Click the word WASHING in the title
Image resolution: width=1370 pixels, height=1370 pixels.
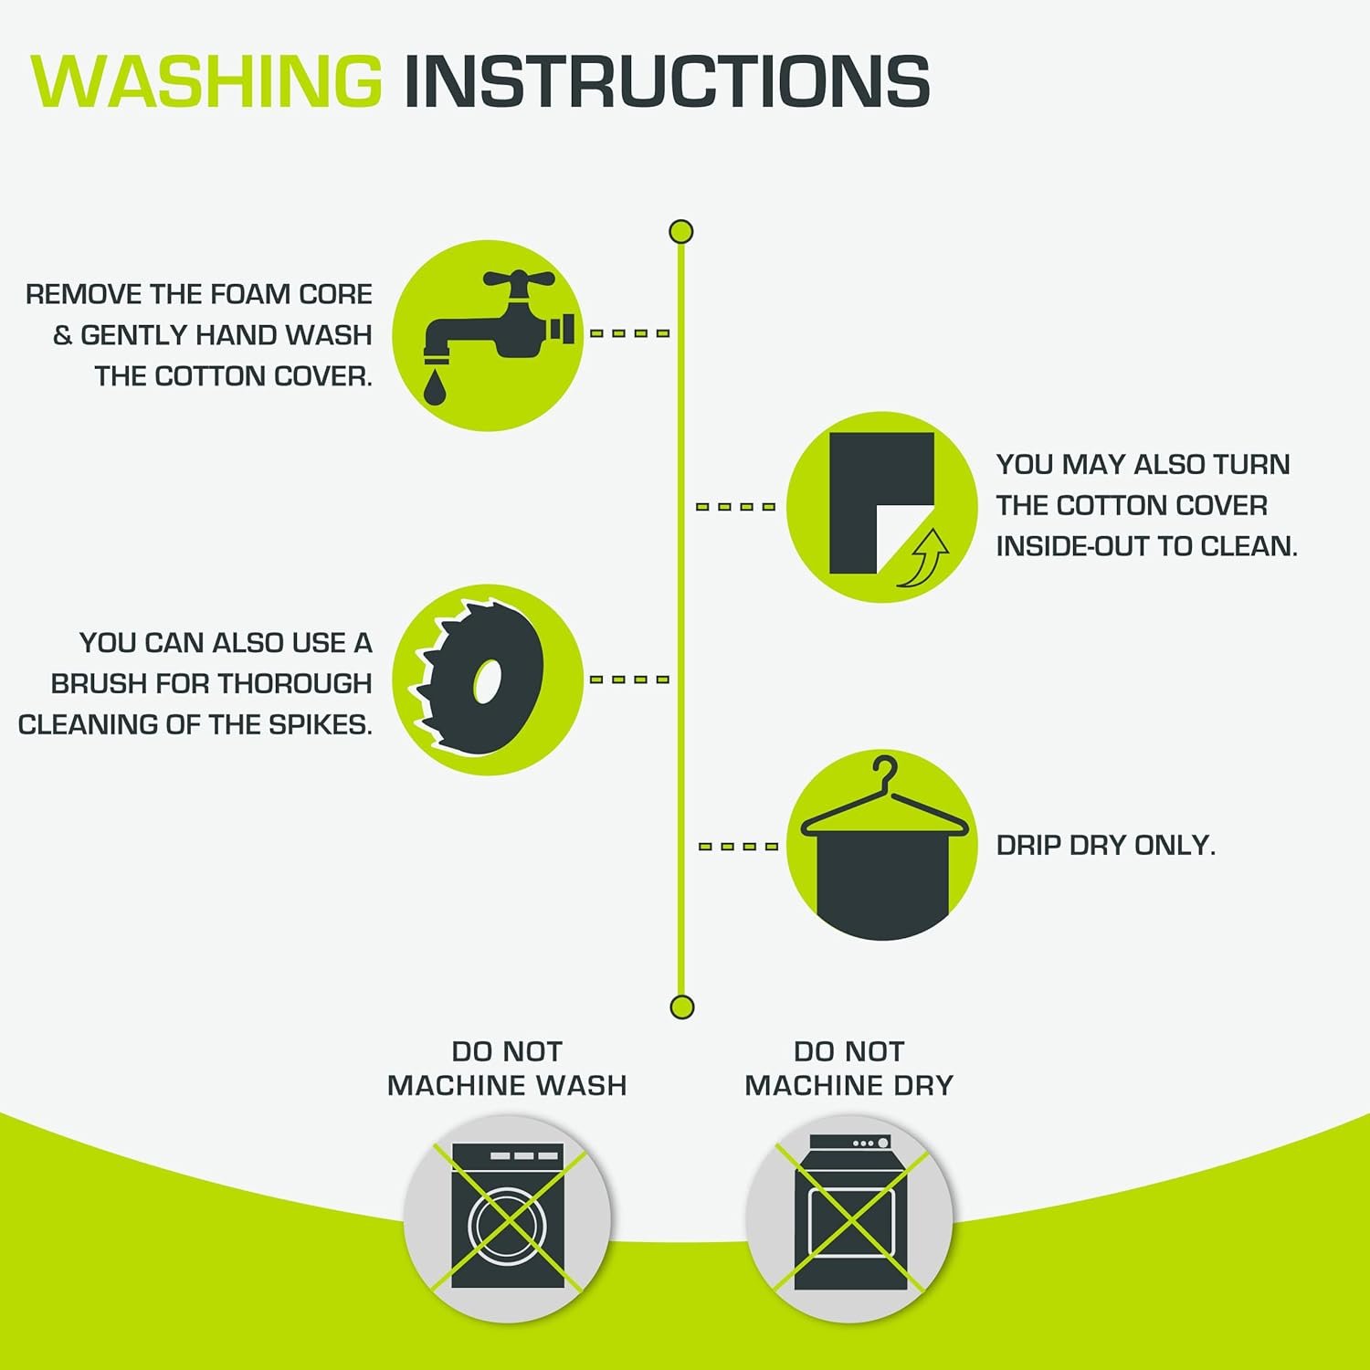[x=206, y=81]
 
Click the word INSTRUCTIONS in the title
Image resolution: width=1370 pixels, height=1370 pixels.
[x=667, y=81]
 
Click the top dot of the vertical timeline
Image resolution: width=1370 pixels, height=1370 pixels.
[x=681, y=232]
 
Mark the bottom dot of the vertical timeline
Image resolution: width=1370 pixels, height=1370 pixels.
[x=682, y=1007]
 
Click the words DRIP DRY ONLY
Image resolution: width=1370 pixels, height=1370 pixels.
[x=1106, y=846]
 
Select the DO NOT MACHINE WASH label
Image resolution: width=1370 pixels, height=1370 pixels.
[x=507, y=1069]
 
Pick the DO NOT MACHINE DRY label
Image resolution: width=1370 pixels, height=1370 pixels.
[x=849, y=1069]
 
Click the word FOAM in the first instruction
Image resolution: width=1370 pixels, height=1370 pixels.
[x=244, y=294]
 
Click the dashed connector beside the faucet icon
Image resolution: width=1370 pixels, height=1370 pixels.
[x=630, y=333]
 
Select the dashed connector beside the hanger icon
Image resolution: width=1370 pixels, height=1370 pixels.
[x=738, y=847]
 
